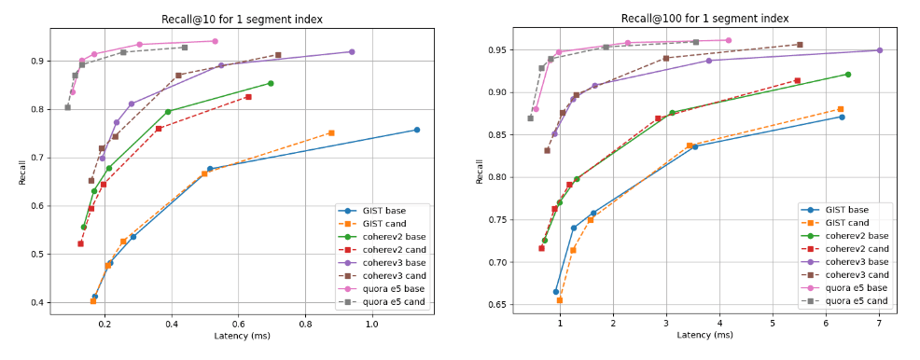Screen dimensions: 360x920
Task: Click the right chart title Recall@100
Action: point(704,19)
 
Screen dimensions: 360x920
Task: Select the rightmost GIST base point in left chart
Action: point(416,130)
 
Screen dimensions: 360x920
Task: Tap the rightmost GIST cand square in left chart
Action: point(331,133)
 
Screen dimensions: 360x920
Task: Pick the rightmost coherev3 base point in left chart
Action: point(352,52)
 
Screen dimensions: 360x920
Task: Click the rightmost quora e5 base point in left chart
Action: point(215,41)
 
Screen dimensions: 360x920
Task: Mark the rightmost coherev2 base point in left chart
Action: point(271,83)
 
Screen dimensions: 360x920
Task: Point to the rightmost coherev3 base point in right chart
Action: point(879,50)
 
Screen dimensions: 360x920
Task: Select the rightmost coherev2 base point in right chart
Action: point(847,75)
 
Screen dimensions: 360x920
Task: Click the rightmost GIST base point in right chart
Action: point(842,117)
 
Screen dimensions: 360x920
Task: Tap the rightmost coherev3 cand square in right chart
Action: point(800,45)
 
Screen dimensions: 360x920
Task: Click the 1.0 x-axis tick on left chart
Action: point(372,324)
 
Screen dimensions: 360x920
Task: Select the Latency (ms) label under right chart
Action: point(704,336)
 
